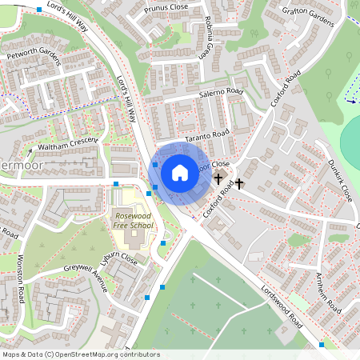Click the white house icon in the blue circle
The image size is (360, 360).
(180, 173)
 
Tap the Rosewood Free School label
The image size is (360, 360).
(133, 221)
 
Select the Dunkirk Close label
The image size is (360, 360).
(340, 183)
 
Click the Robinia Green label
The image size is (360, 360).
(207, 34)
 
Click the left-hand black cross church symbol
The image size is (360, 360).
(218, 180)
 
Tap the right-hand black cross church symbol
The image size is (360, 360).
(238, 185)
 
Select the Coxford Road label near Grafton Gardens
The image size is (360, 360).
(285, 89)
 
